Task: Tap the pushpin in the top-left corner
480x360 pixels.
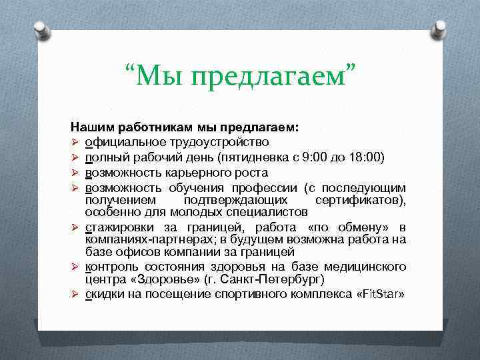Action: tap(41, 28)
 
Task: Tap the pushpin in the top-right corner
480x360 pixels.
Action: tap(439, 28)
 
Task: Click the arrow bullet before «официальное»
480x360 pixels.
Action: tap(75, 142)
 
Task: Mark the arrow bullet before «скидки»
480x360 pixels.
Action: tap(75, 295)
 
